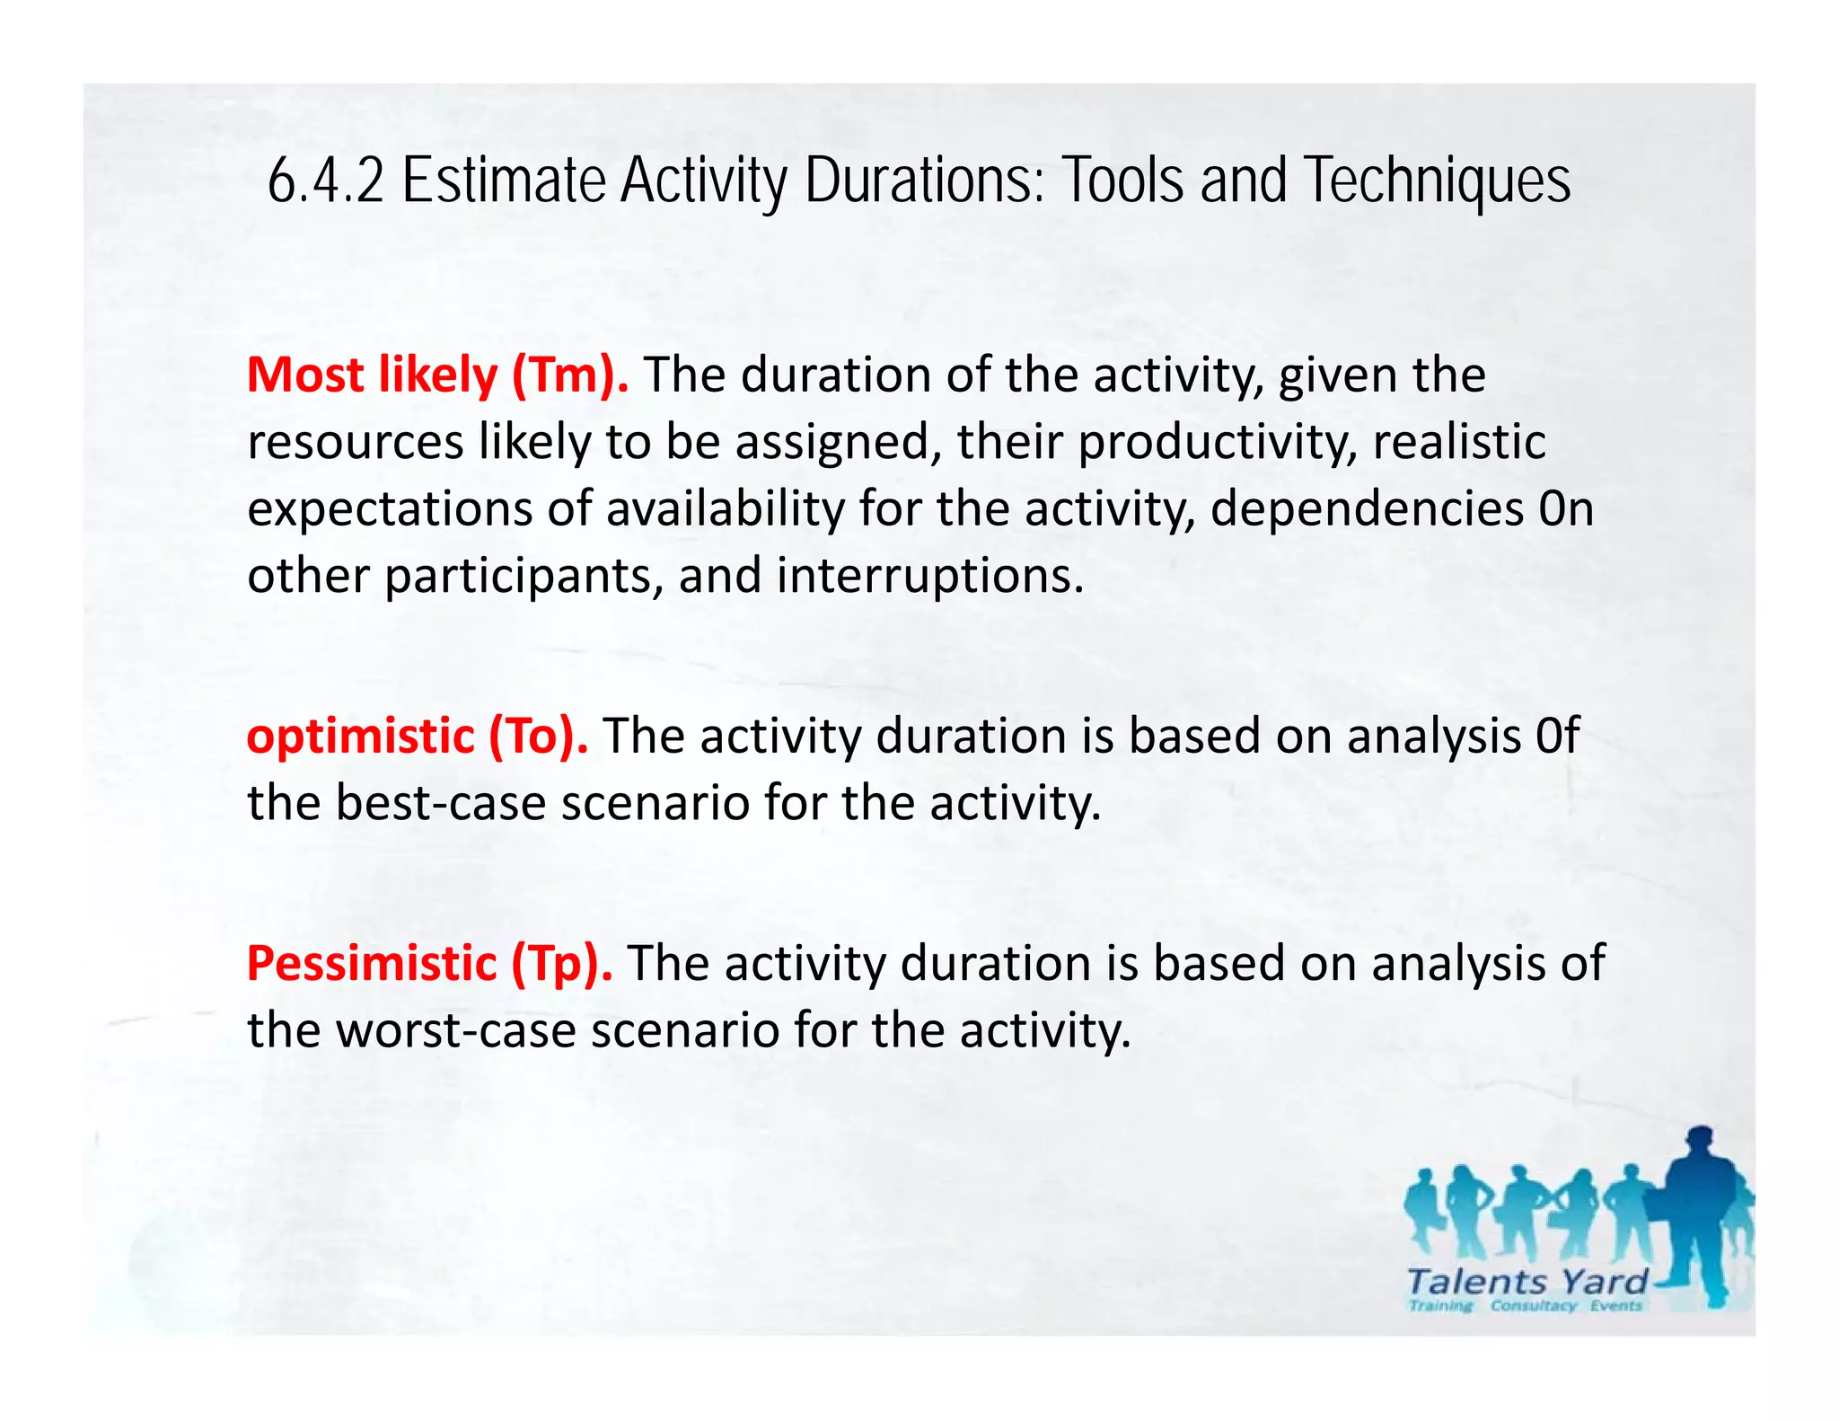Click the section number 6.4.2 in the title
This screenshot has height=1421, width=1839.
tap(325, 181)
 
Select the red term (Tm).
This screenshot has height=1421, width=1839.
tap(570, 375)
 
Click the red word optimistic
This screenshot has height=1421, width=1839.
tap(360, 737)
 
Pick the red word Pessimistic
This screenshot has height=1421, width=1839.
tap(372, 963)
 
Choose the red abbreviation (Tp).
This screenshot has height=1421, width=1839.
tap(562, 963)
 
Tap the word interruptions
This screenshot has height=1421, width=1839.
tap(930, 576)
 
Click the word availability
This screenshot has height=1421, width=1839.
tap(726, 508)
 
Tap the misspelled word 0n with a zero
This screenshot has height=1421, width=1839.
tap(1566, 508)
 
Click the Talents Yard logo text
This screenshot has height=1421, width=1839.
tap(1527, 1281)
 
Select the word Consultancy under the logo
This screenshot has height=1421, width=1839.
tap(1533, 1306)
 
